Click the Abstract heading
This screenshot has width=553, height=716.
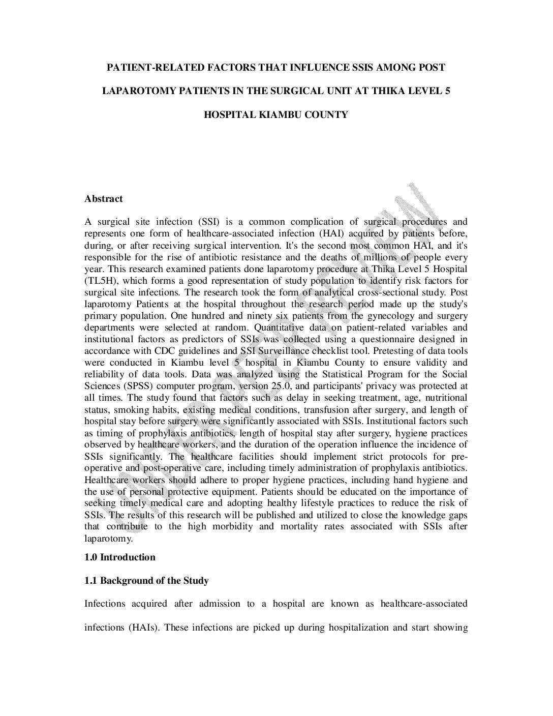click(x=104, y=199)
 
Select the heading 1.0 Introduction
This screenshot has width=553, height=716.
click(x=120, y=557)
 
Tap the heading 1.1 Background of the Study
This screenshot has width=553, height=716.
click(x=146, y=580)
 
